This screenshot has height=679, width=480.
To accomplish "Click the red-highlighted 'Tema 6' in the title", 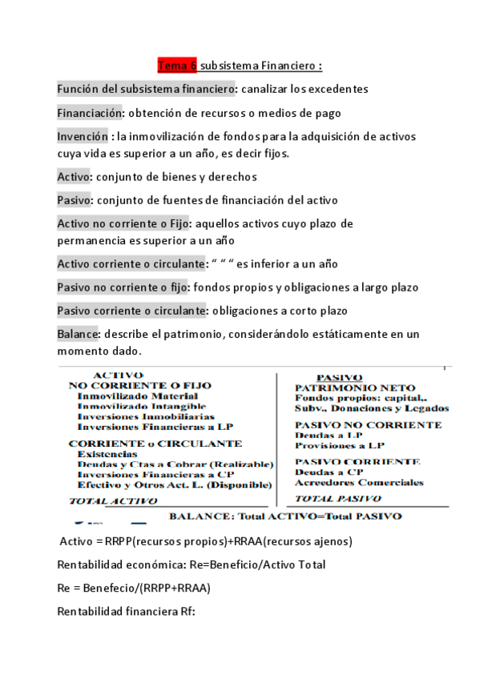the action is (x=177, y=65).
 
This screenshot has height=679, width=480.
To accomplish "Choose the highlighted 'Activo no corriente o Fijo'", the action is (x=124, y=223).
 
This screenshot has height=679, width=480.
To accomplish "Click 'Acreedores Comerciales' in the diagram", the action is (x=358, y=483).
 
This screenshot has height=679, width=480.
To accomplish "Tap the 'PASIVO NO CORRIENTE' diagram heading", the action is (x=368, y=425).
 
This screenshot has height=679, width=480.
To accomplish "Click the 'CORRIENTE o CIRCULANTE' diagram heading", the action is (x=155, y=443).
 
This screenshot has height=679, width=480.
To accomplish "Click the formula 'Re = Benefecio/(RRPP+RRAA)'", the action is (x=134, y=588).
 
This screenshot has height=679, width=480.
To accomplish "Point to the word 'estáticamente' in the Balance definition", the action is (x=349, y=334).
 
